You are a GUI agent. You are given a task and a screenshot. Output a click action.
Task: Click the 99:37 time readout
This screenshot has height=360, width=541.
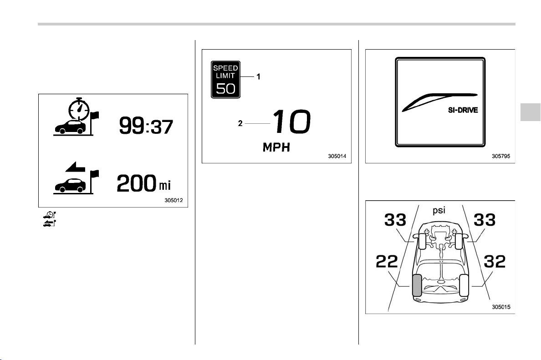[x=146, y=126]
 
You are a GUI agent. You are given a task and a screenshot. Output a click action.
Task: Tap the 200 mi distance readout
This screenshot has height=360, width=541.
[x=143, y=183]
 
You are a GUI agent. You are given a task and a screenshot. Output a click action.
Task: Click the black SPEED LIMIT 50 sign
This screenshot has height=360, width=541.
[x=226, y=80]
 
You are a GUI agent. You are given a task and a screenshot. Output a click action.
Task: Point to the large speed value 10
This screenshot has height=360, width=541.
[x=291, y=122]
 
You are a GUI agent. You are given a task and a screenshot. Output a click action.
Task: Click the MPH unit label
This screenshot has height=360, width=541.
[x=276, y=147]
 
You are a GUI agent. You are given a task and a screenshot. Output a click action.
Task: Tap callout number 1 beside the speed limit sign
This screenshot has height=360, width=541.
[x=258, y=76]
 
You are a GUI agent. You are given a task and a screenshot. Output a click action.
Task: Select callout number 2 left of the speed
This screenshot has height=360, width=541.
[x=240, y=123]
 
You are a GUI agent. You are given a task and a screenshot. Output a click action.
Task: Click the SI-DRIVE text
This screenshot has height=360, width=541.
[x=463, y=110]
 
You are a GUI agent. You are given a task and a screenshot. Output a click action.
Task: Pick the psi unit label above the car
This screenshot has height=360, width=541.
[x=439, y=210]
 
